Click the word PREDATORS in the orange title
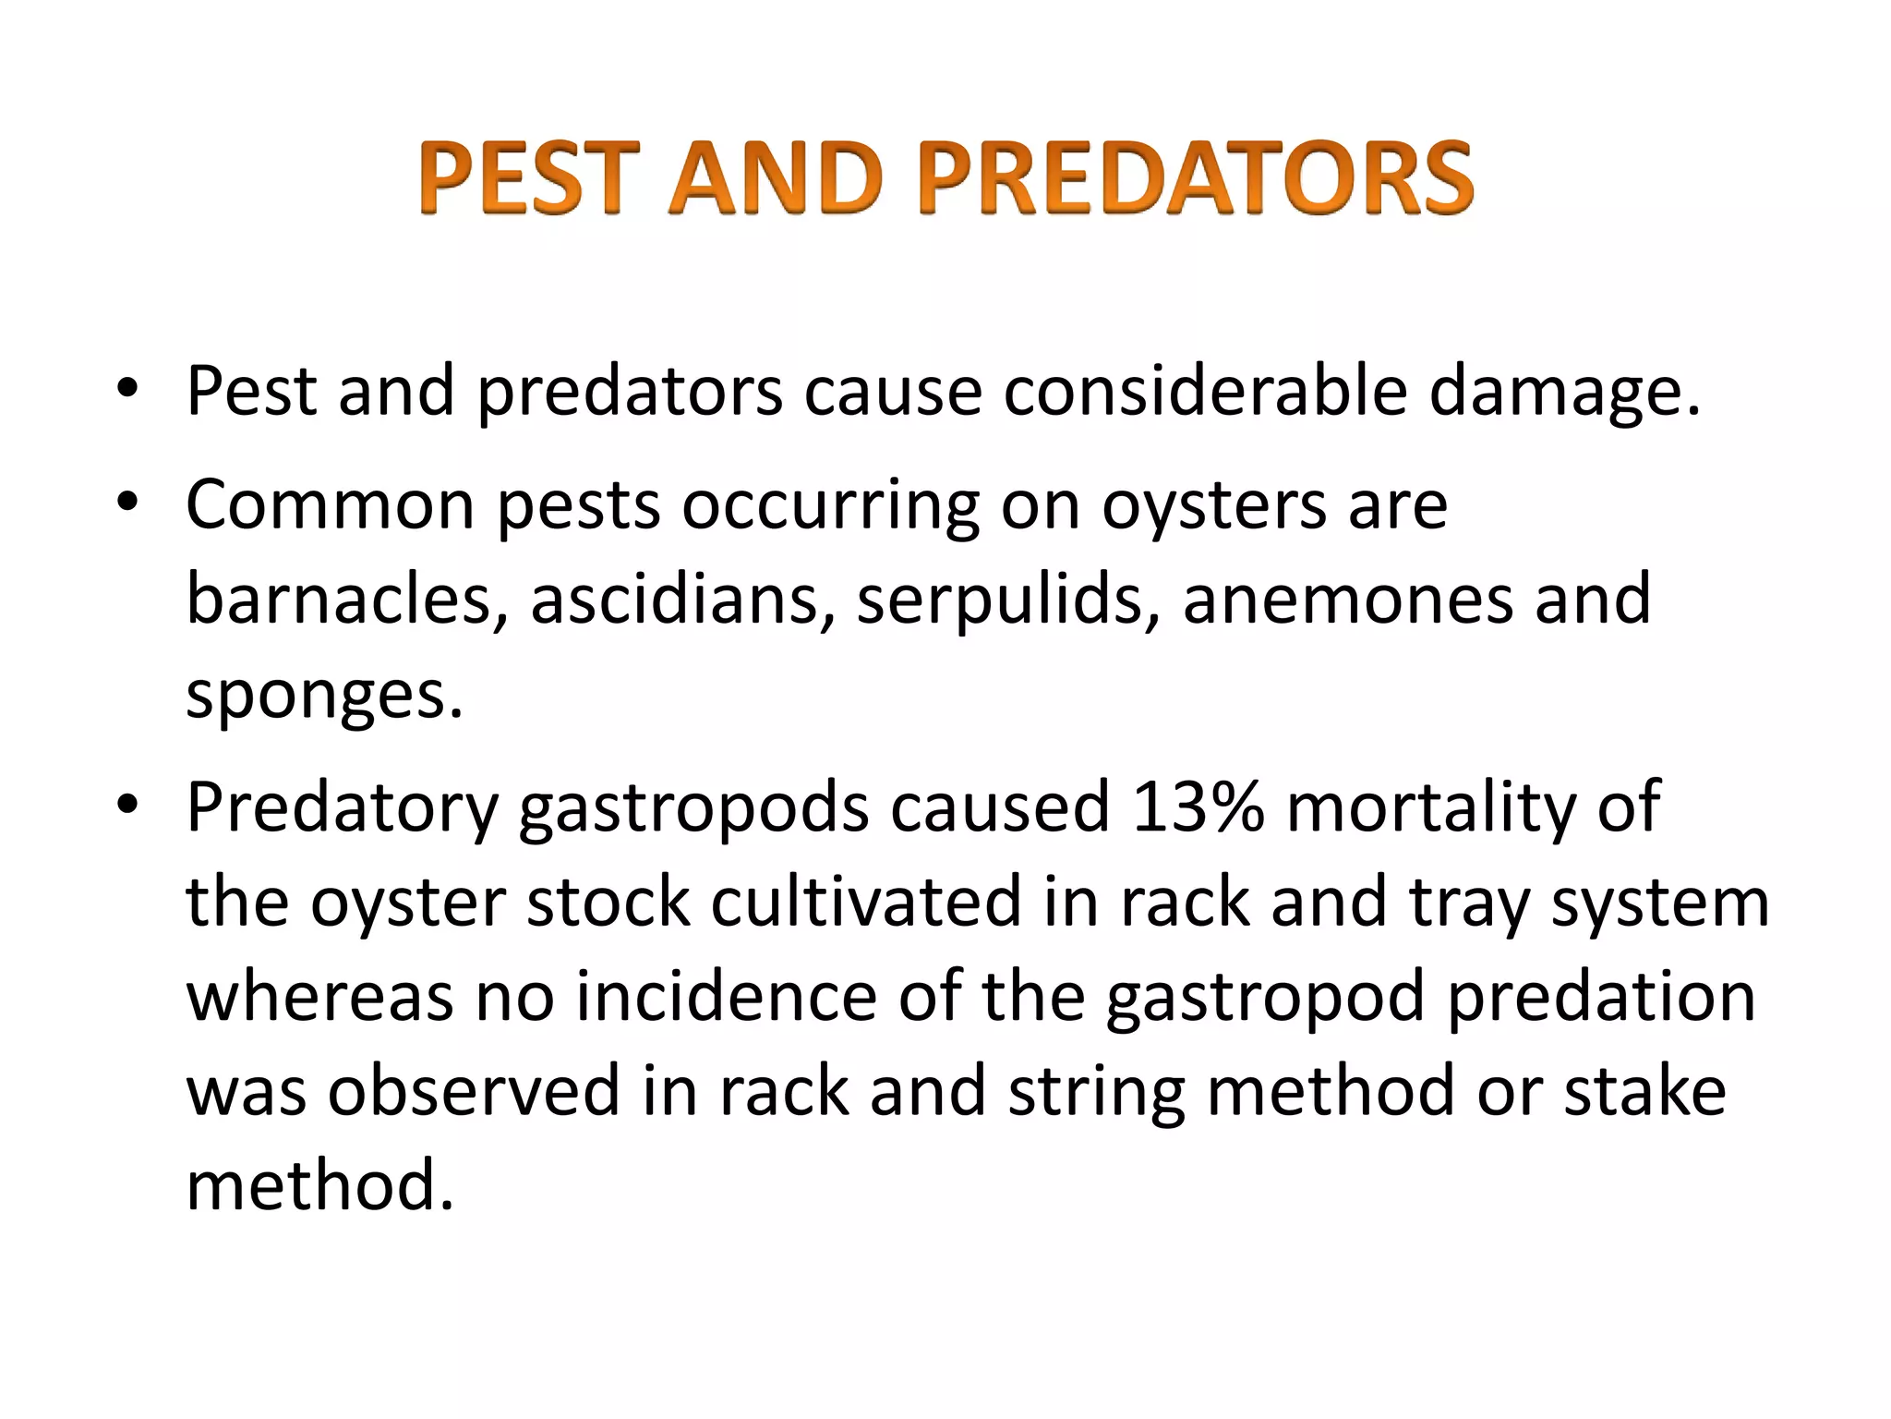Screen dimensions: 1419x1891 [1196, 178]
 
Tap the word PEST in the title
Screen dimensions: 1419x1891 [528, 178]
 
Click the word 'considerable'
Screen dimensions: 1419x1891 [1205, 390]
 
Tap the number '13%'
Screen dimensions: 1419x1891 [1198, 807]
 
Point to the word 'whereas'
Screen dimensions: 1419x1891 [319, 997]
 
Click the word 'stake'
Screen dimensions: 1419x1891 [1644, 1091]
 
